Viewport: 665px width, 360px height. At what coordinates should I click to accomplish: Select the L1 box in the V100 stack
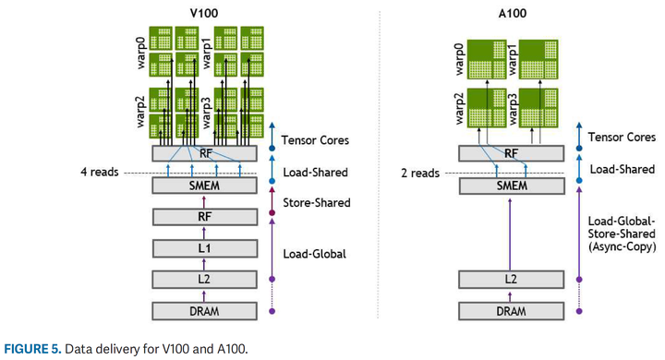click(203, 247)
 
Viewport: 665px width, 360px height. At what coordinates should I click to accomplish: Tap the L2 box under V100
click(203, 278)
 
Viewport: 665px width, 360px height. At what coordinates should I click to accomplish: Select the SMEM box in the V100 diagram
click(203, 186)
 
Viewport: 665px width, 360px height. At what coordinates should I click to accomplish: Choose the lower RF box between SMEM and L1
click(203, 217)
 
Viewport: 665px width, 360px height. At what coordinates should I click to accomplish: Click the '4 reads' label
click(99, 173)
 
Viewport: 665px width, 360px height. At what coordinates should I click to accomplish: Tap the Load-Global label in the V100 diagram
click(314, 253)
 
